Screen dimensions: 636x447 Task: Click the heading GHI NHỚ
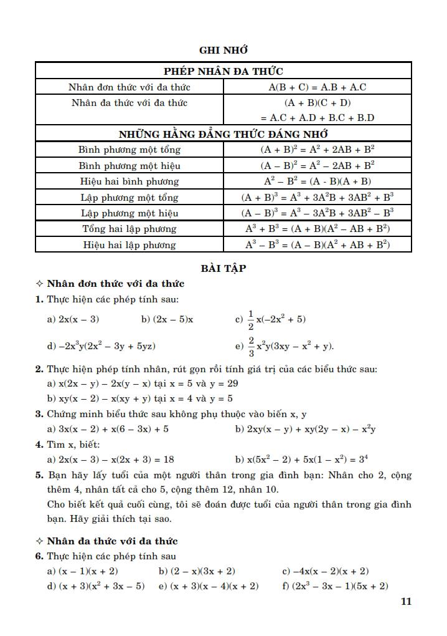coord(223,50)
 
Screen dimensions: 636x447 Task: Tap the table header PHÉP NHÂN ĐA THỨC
coord(223,71)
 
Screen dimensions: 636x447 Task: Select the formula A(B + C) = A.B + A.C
coord(318,87)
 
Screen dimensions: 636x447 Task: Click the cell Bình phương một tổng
coord(129,150)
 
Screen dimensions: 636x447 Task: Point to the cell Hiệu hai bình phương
coord(129,181)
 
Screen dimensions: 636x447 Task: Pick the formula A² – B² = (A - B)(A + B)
coord(318,181)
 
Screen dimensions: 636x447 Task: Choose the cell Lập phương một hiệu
coord(129,213)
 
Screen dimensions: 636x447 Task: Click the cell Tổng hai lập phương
coord(129,229)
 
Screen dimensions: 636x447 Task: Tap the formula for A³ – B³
coord(318,245)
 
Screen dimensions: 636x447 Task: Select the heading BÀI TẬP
coord(223,268)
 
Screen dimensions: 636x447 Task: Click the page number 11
coord(406,602)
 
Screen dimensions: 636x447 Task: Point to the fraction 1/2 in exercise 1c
coord(251,319)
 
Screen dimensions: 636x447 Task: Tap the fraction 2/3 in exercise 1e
coord(251,346)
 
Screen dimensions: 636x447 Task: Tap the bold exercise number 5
coord(39,475)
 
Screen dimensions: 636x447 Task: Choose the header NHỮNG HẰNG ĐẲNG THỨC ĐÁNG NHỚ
coord(223,134)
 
